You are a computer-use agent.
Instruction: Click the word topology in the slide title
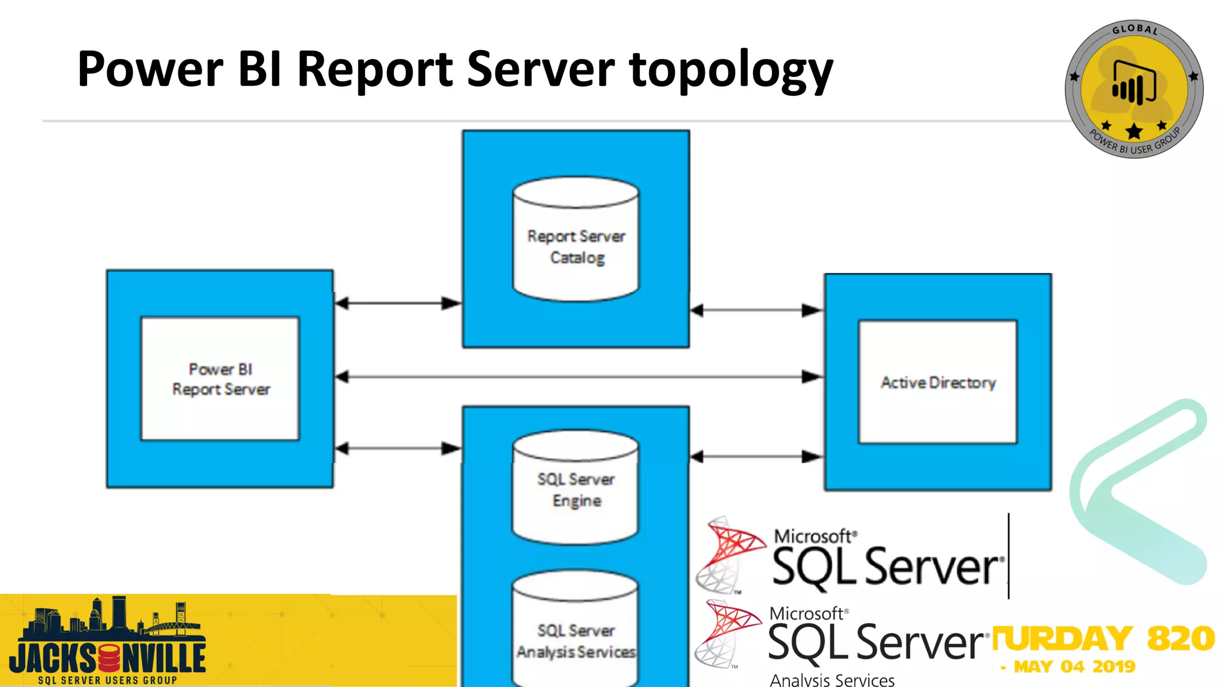[x=730, y=70]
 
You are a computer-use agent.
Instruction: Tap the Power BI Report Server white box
[x=220, y=379]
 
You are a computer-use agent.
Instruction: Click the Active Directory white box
[x=937, y=382]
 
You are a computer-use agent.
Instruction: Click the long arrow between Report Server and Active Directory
[x=578, y=377]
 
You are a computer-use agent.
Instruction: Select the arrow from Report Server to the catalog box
[x=398, y=303]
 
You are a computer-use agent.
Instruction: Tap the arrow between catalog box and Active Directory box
[x=756, y=310]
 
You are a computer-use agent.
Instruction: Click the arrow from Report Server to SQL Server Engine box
[x=398, y=448]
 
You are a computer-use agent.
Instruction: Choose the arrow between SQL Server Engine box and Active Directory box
[x=756, y=457]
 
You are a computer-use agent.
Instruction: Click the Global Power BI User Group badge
[x=1133, y=89]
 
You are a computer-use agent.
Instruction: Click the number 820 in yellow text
[x=1180, y=638]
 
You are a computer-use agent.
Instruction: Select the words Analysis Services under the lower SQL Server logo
[x=832, y=680]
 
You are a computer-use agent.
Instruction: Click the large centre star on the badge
[x=1134, y=131]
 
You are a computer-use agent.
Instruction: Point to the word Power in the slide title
[x=150, y=70]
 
